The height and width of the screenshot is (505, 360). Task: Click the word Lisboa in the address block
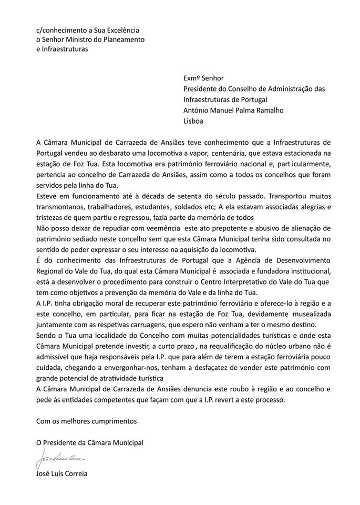(193, 120)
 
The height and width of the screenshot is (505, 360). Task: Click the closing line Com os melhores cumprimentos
(86, 421)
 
